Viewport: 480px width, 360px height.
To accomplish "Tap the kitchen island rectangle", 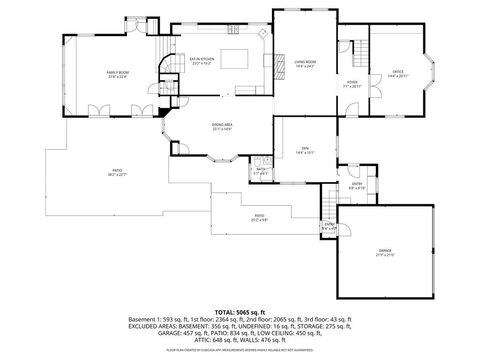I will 234,56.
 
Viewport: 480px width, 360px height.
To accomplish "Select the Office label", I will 397,73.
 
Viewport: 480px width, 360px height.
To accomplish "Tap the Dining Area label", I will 221,127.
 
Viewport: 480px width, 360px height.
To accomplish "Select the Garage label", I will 385,254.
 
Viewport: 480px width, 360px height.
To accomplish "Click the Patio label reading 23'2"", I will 259,217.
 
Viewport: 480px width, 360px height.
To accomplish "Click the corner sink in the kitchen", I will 264,36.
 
